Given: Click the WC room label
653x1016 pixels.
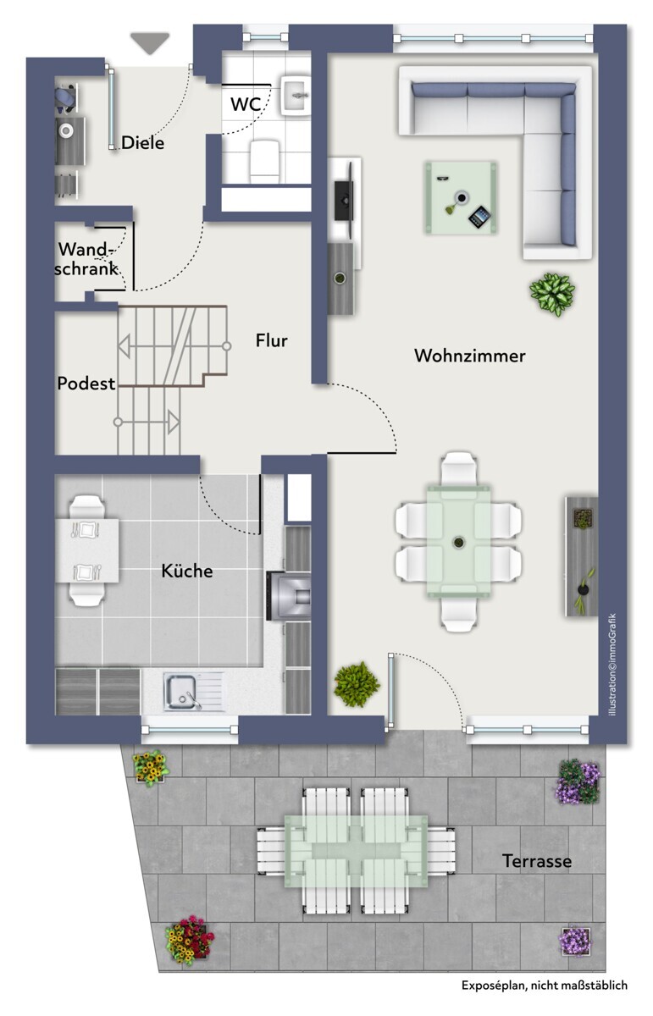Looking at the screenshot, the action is (x=246, y=104).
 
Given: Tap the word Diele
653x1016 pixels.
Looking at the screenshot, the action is (x=142, y=143).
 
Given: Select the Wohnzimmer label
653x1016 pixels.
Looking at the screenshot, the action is (x=470, y=356).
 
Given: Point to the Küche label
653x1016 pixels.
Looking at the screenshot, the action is (x=187, y=571).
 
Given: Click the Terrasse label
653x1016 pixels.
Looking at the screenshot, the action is (x=537, y=860).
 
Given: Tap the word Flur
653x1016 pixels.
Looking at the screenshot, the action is (x=271, y=340).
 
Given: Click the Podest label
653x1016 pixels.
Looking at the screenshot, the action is (x=86, y=384).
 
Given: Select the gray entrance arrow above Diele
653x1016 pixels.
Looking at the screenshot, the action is (x=150, y=43).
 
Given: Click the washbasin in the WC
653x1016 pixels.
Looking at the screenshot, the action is (x=296, y=95).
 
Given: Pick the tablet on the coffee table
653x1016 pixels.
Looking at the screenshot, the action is (x=479, y=218).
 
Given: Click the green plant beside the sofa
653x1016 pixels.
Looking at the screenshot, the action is (x=552, y=294).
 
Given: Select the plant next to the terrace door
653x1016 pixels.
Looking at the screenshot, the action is (x=357, y=684).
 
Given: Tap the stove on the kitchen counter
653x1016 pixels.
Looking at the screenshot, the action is (x=289, y=595).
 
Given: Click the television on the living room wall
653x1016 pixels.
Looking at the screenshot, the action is (x=345, y=200).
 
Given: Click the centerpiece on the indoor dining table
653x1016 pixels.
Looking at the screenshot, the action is (x=458, y=541).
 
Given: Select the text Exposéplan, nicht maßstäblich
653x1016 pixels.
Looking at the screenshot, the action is (x=545, y=986).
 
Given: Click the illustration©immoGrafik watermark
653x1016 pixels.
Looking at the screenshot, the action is (x=612, y=665).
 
